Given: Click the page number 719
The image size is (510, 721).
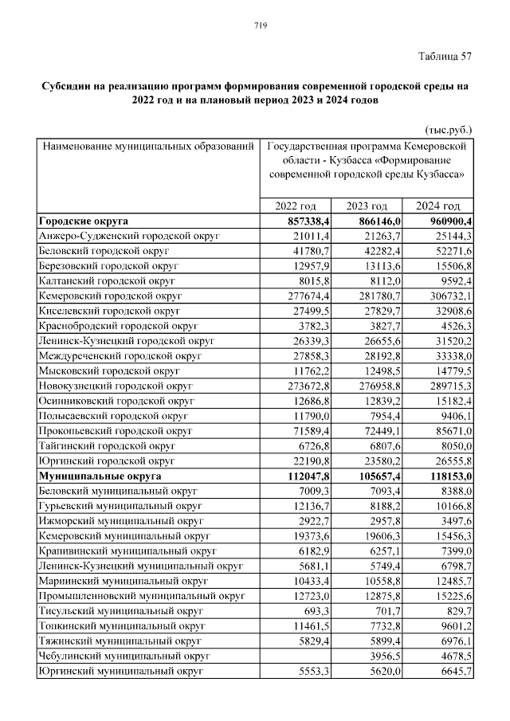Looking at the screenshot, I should pos(260,25).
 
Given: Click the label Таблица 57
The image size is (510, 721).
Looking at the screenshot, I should pos(445,56).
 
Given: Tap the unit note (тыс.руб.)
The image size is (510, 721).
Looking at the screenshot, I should pos(447,128).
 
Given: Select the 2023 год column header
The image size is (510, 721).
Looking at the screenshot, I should pos(368,206).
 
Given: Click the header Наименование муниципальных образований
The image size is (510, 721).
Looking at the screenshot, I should pos(148,147).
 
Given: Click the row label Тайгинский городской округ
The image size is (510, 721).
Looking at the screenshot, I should pos(107,446).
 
